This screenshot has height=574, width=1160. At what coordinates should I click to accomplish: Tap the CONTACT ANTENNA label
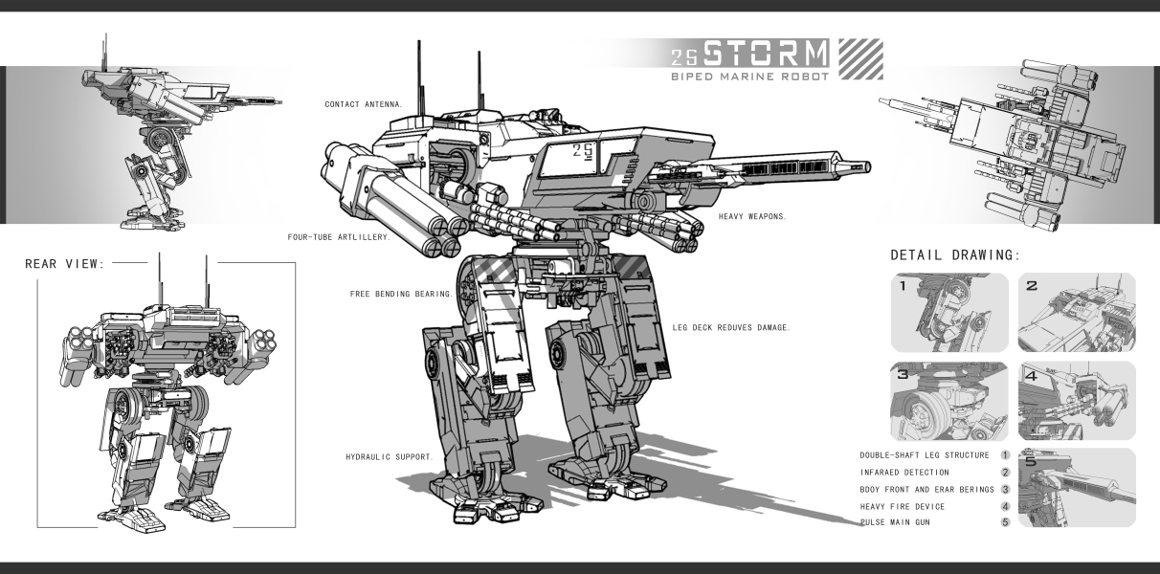(364, 103)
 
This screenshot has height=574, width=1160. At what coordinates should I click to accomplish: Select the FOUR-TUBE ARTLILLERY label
(339, 235)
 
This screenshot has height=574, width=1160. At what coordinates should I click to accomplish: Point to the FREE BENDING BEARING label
(402, 294)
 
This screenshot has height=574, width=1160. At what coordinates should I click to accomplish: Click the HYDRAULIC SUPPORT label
(390, 456)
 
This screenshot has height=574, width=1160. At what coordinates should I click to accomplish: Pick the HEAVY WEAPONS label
(752, 216)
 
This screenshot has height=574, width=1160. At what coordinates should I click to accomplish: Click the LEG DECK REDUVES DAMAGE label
(731, 327)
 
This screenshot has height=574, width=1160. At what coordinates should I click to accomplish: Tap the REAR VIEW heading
(65, 264)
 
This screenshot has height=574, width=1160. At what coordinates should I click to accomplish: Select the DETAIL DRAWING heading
(954, 255)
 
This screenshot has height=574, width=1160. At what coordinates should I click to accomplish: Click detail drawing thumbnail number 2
(1077, 313)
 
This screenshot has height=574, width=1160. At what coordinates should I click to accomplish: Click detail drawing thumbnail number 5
(1077, 488)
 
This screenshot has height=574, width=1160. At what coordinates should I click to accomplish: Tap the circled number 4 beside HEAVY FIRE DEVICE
(1006, 506)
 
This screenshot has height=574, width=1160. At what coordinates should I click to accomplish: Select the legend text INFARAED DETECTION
(904, 472)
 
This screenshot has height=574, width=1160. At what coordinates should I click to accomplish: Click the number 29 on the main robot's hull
(584, 149)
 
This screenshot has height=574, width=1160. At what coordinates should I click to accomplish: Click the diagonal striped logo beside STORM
(859, 58)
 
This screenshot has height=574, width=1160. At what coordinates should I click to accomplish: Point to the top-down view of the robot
(1005, 143)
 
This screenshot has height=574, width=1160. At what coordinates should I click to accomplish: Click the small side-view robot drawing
(163, 143)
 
